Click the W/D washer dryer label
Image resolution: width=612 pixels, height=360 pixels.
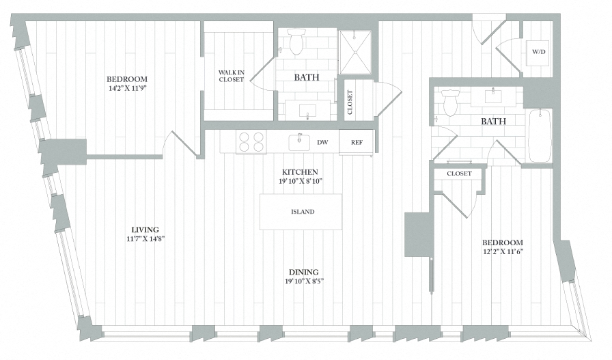coord(538,52)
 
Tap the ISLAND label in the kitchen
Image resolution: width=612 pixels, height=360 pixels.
coord(302,212)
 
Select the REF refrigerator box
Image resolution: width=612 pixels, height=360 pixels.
coord(357,142)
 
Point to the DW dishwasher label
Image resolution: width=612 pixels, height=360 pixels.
coord(323,142)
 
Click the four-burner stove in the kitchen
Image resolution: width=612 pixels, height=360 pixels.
coord(251,142)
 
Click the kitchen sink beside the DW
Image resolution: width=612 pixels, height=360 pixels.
coord(299,142)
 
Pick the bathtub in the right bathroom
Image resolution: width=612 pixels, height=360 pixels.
coord(539,135)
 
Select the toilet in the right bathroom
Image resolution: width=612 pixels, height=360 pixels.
coord(450,102)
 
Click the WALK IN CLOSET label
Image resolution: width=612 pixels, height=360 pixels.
coord(231,76)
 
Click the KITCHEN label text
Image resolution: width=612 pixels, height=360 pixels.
coord(302,172)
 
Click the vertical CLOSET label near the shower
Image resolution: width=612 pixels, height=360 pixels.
coord(350,103)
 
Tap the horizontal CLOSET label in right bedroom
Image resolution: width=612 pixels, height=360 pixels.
coord(459,174)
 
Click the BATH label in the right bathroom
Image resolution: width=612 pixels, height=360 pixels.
coord(493,122)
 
